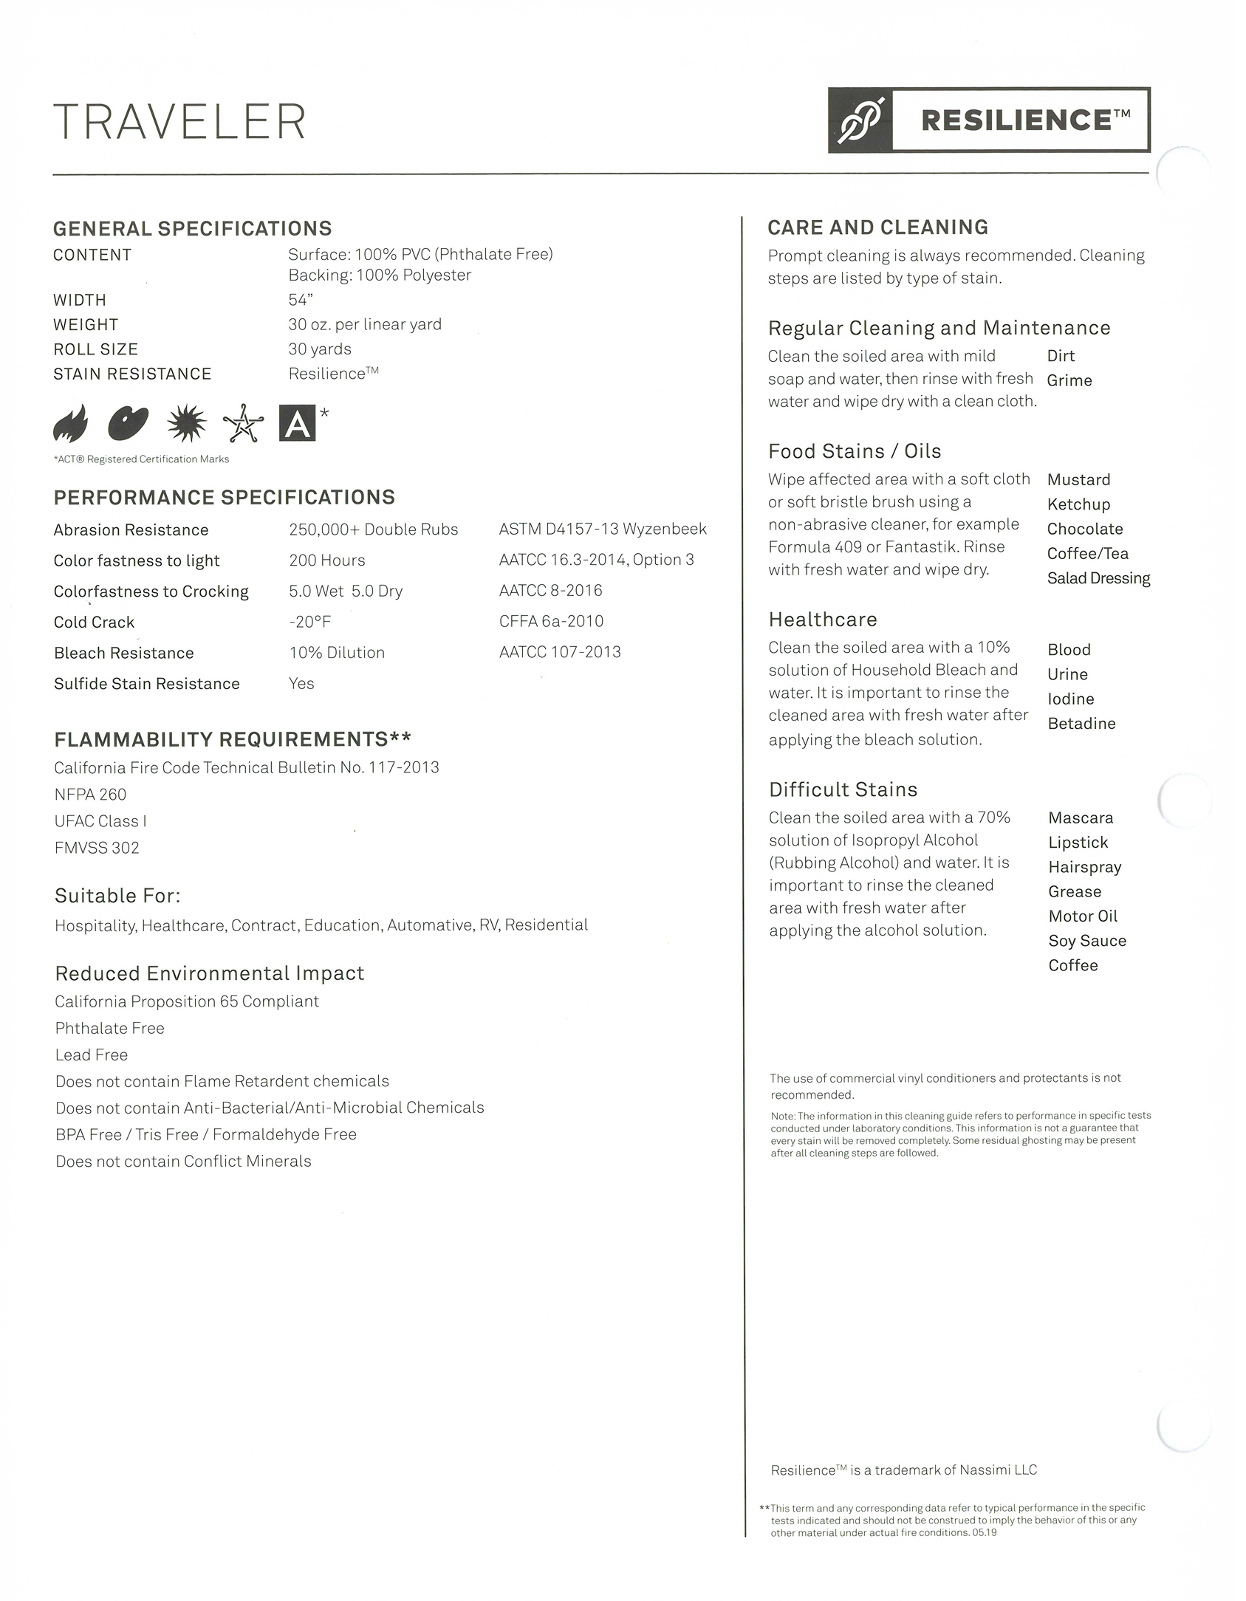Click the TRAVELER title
[x=179, y=122]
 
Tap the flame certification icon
[x=71, y=423]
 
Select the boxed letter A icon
[x=297, y=423]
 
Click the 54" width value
[x=301, y=300]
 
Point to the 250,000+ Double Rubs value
[x=373, y=529]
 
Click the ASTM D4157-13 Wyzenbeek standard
[x=603, y=529]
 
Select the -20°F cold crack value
[x=309, y=622]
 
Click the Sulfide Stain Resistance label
[x=146, y=684]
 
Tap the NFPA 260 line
[x=90, y=795]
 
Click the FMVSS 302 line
[x=97, y=848]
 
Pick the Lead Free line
[x=92, y=1055]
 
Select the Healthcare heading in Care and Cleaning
[x=823, y=620]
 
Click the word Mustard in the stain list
[x=1078, y=480]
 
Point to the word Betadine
[x=1081, y=724]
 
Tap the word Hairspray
[x=1084, y=867]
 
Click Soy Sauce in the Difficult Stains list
[x=1087, y=941]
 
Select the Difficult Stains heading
[x=843, y=789]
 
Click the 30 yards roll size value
[x=320, y=349]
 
